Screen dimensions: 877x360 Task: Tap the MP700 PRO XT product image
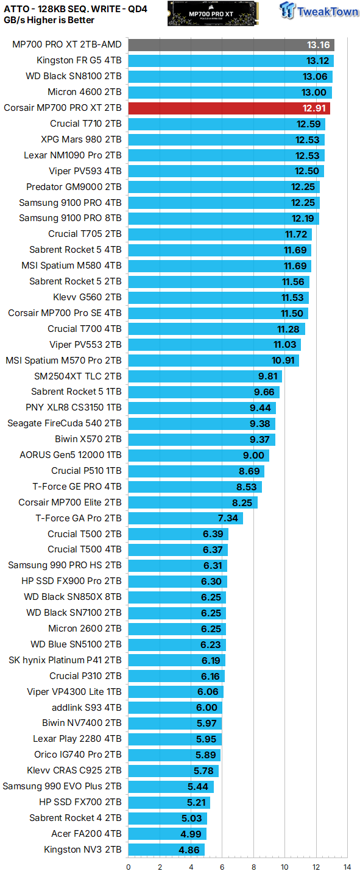click(x=211, y=13)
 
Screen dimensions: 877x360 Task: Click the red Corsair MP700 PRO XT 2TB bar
click(x=229, y=108)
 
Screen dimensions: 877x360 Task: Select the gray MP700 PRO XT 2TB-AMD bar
click(x=231, y=45)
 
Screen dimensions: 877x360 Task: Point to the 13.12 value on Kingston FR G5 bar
click(x=319, y=61)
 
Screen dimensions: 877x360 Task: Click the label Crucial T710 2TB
click(x=86, y=124)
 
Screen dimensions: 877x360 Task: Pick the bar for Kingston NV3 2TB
click(x=166, y=850)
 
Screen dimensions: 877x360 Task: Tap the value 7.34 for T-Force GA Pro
click(x=229, y=518)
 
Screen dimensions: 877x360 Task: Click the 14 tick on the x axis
click(x=347, y=867)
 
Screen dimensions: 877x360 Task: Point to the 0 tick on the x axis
click(x=129, y=867)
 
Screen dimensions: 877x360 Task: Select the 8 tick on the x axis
click(x=253, y=867)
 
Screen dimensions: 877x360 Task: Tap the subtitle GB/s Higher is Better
click(x=49, y=20)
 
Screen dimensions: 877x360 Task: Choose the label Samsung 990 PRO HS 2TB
click(x=65, y=566)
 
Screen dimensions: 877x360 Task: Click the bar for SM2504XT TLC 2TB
click(x=205, y=376)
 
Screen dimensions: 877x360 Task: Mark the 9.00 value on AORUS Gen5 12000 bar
click(x=254, y=455)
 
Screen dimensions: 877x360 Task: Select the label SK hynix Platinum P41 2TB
click(x=65, y=660)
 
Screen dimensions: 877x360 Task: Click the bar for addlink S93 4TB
click(x=175, y=708)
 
